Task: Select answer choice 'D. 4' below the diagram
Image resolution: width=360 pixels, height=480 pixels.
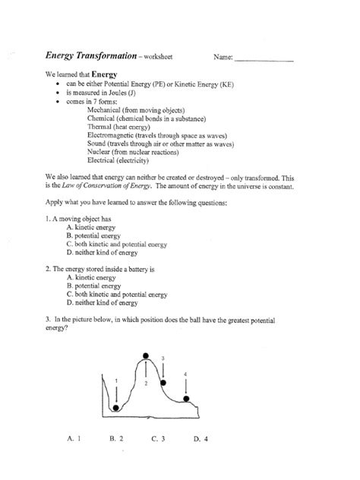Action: [x=201, y=438]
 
